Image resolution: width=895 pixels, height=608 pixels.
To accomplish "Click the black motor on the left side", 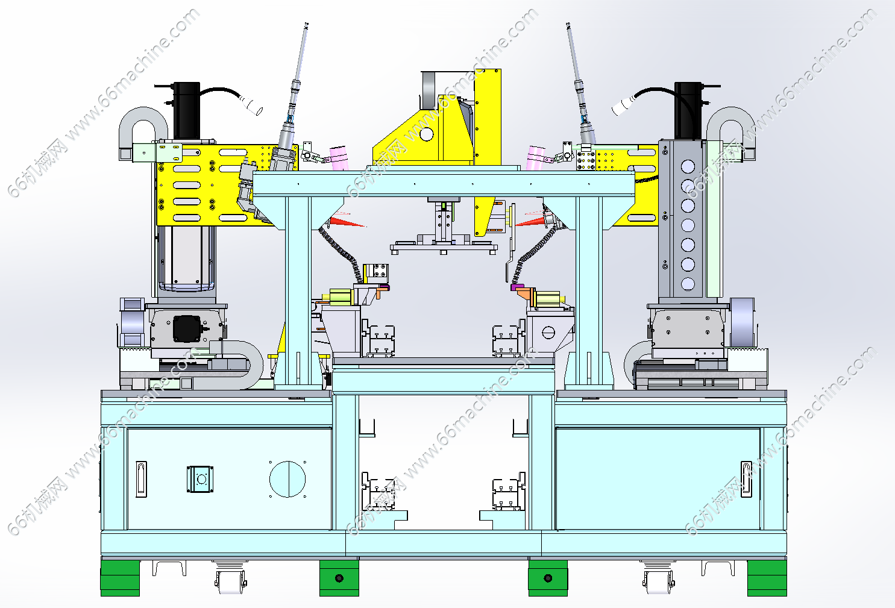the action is coord(187,111).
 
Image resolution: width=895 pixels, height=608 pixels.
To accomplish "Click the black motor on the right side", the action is coord(688,111).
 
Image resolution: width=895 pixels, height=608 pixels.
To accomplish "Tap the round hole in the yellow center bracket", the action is coord(426,134).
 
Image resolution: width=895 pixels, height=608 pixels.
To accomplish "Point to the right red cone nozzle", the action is coord(532,221).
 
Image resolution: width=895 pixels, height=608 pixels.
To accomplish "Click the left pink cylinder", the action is coord(339,158).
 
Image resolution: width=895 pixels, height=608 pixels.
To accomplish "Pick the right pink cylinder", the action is coord(536,158).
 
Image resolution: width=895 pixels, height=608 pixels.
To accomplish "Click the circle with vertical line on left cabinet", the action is coord(287,479).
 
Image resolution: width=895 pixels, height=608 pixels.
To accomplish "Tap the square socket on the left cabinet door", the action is coord(199,479).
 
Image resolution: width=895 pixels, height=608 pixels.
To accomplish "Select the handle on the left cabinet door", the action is coord(142,479).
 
